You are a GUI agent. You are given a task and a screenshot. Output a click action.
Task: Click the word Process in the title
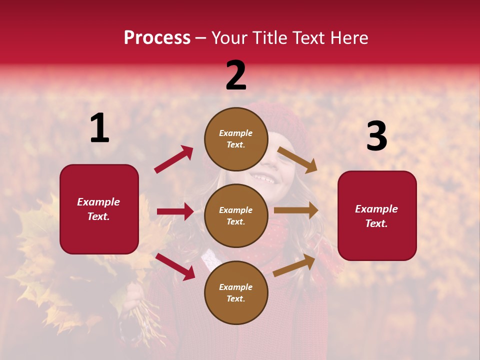click(x=157, y=37)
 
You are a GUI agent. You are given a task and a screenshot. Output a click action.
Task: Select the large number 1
click(x=99, y=128)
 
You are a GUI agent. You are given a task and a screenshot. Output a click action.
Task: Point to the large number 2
click(x=236, y=75)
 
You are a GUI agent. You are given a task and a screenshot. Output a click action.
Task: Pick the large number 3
click(x=376, y=136)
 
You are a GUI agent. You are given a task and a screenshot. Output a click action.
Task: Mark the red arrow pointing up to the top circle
click(x=173, y=159)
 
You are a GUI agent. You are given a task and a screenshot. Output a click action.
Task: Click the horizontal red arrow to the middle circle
click(x=175, y=211)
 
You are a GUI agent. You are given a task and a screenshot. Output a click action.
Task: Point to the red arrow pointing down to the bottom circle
click(x=175, y=266)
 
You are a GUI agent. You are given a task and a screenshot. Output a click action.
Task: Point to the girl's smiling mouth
click(x=263, y=178)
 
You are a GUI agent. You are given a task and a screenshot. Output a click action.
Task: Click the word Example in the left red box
click(x=98, y=202)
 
